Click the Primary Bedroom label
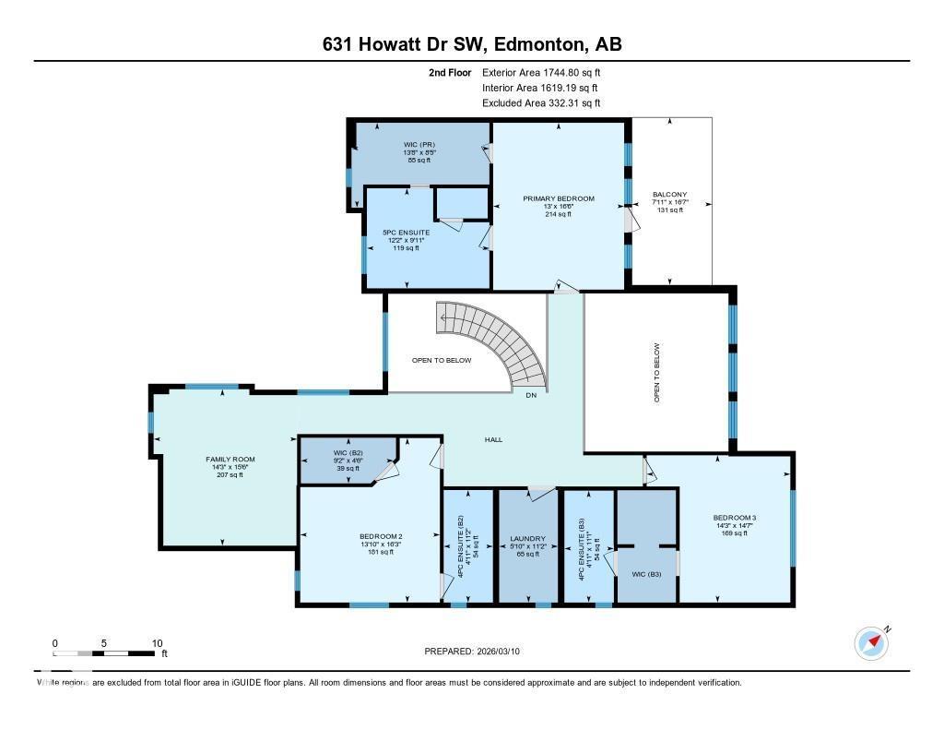pos(558,198)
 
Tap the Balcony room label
pos(670,195)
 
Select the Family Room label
pos(230,459)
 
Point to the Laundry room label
pos(528,539)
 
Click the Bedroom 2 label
pos(381,536)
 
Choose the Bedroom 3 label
pos(734,518)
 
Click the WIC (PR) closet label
pos(419,145)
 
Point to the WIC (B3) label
pos(646,574)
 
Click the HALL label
pos(494,439)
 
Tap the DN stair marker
pos(530,396)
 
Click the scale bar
pos(103,653)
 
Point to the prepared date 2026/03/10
pos(478,651)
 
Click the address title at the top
pos(472,44)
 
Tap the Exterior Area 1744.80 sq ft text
pos(541,72)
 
